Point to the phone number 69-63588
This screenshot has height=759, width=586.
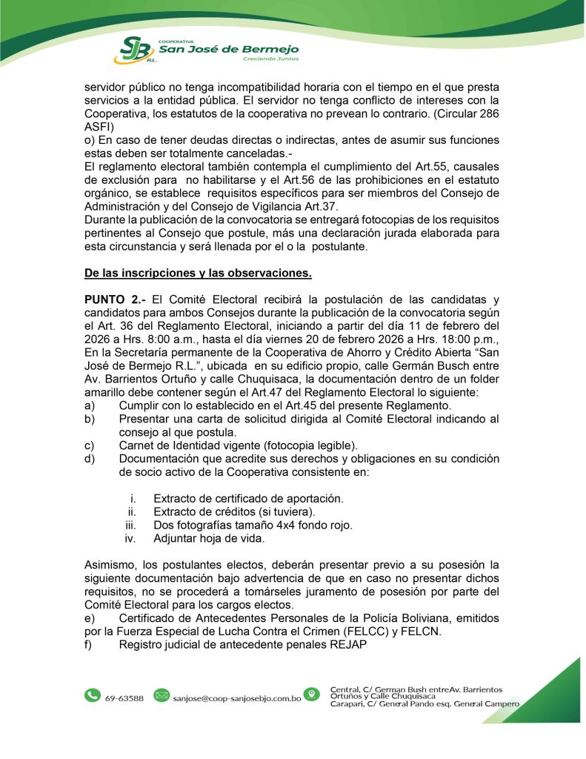(x=124, y=698)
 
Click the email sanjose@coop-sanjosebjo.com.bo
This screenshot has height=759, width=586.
(x=236, y=698)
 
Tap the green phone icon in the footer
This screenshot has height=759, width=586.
(x=93, y=695)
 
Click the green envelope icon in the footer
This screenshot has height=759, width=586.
(x=161, y=695)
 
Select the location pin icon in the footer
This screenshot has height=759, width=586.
(x=313, y=695)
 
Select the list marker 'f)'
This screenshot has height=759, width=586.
(x=90, y=645)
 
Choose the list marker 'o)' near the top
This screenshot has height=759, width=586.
(x=90, y=140)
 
